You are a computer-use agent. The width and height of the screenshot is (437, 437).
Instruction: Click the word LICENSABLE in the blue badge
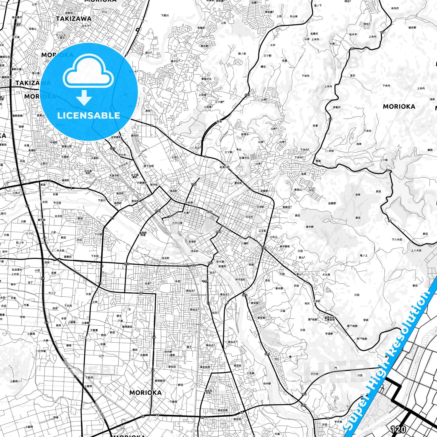[x=89, y=116]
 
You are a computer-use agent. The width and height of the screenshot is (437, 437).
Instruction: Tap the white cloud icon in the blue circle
[x=88, y=73]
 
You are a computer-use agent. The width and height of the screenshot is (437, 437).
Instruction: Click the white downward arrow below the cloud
[x=84, y=97]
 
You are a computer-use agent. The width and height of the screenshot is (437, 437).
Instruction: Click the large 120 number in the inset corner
[x=398, y=429]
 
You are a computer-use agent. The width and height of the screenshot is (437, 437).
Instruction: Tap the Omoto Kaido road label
[x=223, y=138]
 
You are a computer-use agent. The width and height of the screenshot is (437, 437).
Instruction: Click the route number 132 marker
[x=194, y=184]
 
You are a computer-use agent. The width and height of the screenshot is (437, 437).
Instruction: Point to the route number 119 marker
[x=205, y=281]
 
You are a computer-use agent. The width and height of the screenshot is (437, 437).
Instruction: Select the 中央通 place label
[x=189, y=203]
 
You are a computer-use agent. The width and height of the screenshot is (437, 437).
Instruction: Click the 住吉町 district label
[x=249, y=217]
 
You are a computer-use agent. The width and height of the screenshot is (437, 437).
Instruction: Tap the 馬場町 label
[x=192, y=242]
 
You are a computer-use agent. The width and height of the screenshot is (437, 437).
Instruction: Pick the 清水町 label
[x=194, y=251]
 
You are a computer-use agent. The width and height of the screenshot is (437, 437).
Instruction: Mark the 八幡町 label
[x=244, y=243]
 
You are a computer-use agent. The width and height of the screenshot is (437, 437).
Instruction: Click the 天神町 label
[x=260, y=207]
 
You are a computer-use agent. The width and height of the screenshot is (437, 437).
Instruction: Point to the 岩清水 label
[x=245, y=134]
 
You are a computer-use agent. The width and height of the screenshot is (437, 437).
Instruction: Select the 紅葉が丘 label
[x=244, y=158]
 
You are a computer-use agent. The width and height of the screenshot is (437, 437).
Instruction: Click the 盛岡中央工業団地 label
[x=329, y=318]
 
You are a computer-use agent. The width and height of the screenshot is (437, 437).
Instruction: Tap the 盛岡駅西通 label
[x=142, y=234]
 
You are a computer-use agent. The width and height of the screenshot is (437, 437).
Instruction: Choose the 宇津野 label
[x=329, y=334]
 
